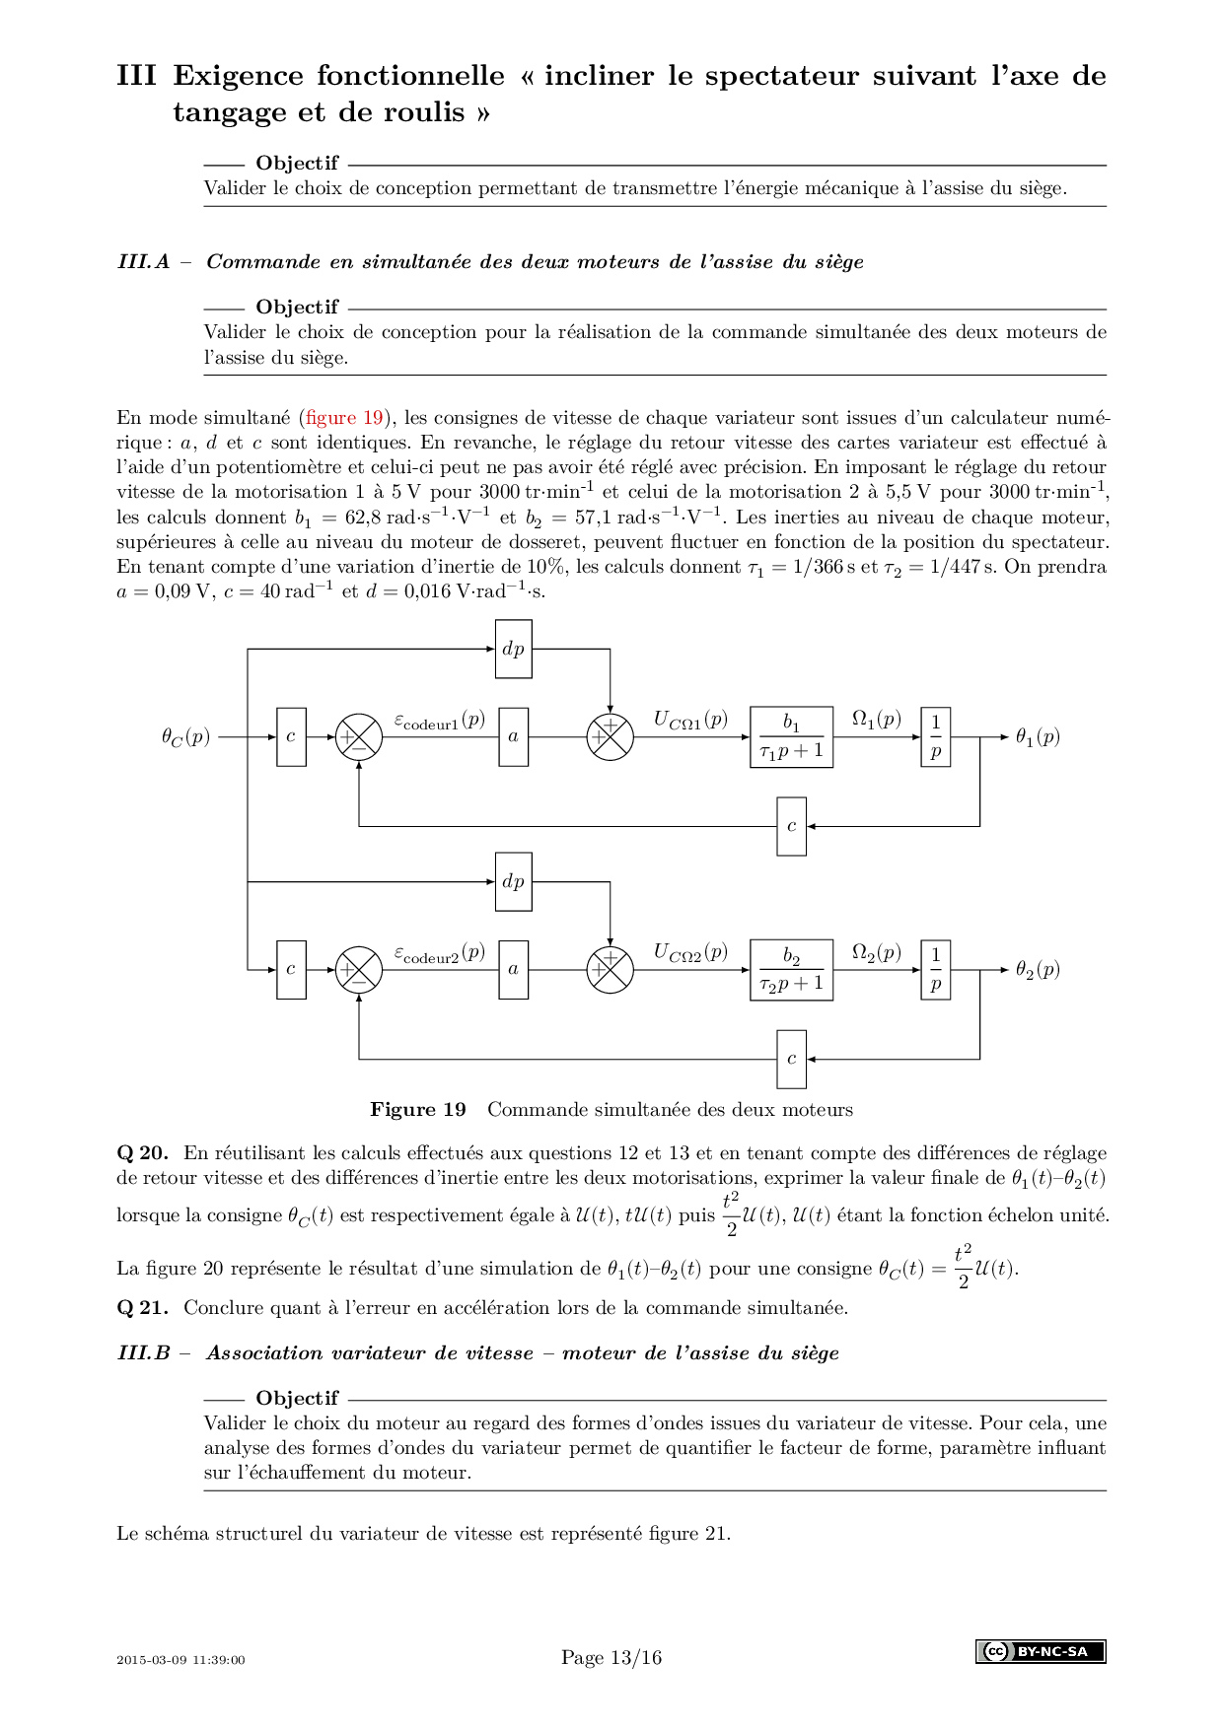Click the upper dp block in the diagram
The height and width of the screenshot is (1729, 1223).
(513, 649)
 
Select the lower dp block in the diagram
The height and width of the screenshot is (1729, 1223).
(513, 881)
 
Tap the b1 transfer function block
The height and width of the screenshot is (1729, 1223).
(791, 737)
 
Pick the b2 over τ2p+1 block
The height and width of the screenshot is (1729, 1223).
(791, 970)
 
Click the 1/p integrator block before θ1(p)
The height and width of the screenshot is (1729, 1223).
(935, 737)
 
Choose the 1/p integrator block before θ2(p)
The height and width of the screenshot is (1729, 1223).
(935, 970)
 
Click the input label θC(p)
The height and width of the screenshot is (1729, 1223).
(185, 737)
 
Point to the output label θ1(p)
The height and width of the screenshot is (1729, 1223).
(1038, 737)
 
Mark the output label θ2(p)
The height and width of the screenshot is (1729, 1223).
(1038, 970)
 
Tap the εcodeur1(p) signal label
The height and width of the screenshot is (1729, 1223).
(440, 721)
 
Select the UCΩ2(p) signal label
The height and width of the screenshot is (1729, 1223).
(690, 953)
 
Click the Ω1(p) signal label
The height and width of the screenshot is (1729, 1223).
(876, 720)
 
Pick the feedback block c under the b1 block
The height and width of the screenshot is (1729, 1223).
(791, 826)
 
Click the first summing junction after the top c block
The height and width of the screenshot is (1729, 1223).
(358, 737)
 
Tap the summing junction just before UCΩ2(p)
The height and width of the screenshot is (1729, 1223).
(610, 970)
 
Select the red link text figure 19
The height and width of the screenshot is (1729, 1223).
(344, 418)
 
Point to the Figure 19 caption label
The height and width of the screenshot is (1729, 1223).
(417, 1110)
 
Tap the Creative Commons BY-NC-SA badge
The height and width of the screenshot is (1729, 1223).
(1041, 1651)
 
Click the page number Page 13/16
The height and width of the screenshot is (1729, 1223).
(611, 1658)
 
